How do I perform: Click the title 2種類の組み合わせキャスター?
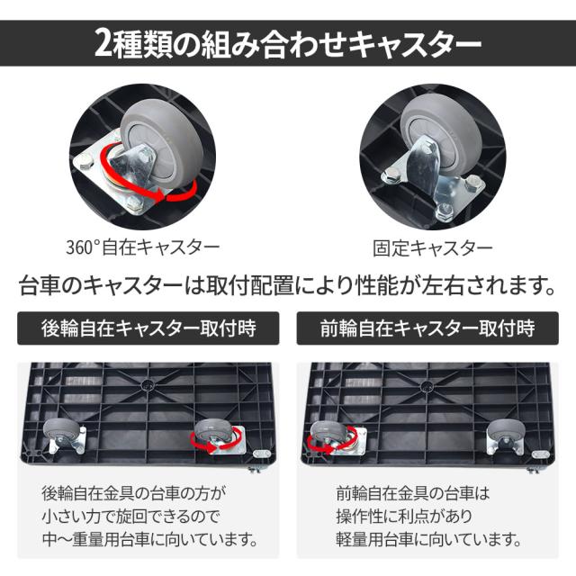(288, 43)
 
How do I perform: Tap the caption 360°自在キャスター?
(143, 247)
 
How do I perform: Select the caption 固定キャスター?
(432, 248)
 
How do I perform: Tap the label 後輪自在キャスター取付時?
(148, 328)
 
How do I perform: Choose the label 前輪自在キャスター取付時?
(427, 328)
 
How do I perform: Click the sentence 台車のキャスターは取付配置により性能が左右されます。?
(288, 285)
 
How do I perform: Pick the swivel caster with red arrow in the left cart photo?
(217, 437)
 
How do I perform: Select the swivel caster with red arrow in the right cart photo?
(336, 438)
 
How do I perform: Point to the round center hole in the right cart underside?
(426, 386)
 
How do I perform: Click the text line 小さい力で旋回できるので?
(131, 516)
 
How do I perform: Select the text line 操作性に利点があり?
(404, 516)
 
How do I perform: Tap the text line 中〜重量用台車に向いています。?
(150, 539)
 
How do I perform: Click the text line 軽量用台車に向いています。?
(429, 539)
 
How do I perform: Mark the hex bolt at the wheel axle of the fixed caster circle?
(426, 149)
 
